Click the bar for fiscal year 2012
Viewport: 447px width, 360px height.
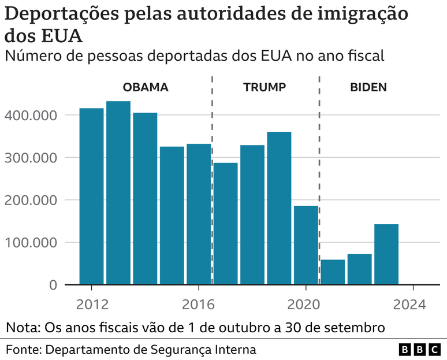(91, 196)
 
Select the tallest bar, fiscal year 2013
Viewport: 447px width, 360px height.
(118, 193)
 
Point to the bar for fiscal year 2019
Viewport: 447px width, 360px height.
(279, 208)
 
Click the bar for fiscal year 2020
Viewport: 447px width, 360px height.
(306, 245)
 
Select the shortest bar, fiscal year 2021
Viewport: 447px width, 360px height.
(333, 272)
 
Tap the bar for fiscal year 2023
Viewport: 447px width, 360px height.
(386, 254)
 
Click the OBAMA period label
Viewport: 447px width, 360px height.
(146, 88)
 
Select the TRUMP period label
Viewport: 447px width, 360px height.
(265, 88)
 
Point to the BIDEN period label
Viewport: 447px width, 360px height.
(368, 88)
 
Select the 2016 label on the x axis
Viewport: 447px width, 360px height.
(199, 304)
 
